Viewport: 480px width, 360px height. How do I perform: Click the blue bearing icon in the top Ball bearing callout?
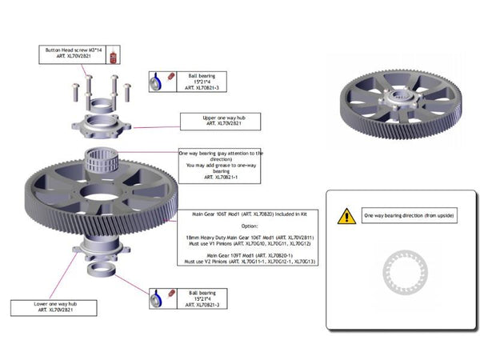pyautogui.click(x=158, y=82)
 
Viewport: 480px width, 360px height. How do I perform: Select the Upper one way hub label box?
pyautogui.click(x=210, y=120)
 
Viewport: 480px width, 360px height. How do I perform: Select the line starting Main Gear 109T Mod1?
pyautogui.click(x=249, y=254)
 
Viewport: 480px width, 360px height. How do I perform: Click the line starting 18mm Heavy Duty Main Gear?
pyautogui.click(x=249, y=237)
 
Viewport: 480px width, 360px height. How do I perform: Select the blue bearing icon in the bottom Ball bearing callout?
pyautogui.click(x=158, y=298)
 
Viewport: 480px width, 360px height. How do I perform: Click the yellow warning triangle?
pyautogui.click(x=346, y=215)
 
